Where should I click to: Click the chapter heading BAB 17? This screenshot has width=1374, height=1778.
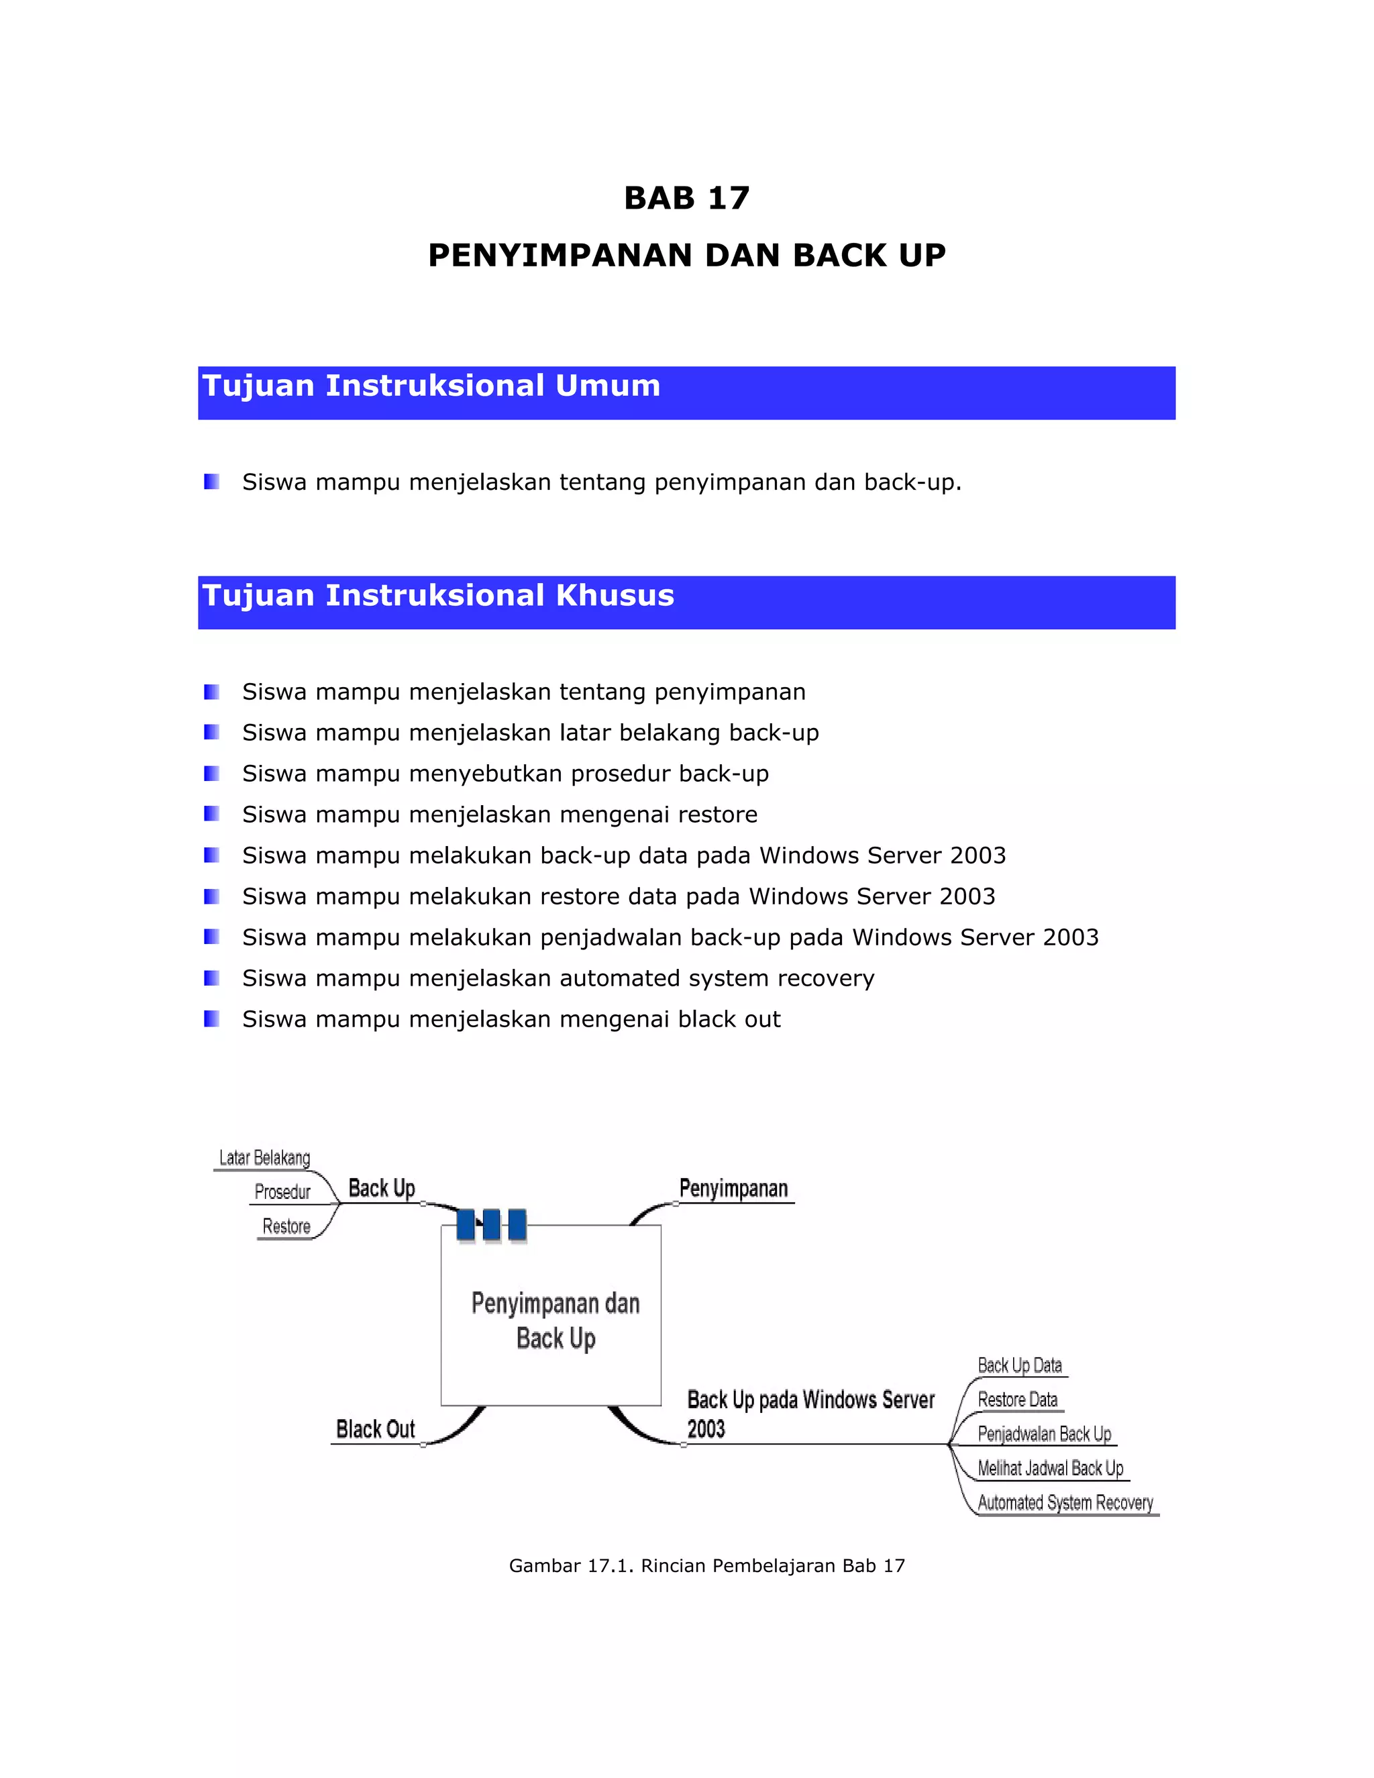pyautogui.click(x=686, y=198)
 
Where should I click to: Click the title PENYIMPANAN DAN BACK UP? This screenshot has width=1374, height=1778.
pyautogui.click(x=686, y=256)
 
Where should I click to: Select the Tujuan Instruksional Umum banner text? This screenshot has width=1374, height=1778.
pyautogui.click(x=431, y=386)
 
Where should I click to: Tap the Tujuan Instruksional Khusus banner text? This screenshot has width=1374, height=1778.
pyautogui.click(x=438, y=595)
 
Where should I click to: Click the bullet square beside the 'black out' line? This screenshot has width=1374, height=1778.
pyautogui.click(x=211, y=1018)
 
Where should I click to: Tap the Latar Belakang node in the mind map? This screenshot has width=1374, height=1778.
pyautogui.click(x=264, y=1157)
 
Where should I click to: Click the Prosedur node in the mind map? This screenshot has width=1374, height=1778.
pyautogui.click(x=282, y=1192)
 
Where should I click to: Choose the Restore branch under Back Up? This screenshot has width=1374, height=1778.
pyautogui.click(x=286, y=1226)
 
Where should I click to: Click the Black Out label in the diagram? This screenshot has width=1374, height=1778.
pyautogui.click(x=375, y=1428)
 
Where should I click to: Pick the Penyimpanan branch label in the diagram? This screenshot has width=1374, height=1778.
pyautogui.click(x=733, y=1189)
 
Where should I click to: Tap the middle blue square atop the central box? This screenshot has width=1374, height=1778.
pyautogui.click(x=492, y=1225)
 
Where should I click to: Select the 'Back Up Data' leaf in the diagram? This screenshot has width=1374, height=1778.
pyautogui.click(x=1019, y=1365)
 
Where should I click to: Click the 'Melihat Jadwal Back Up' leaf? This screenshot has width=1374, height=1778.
pyautogui.click(x=1050, y=1468)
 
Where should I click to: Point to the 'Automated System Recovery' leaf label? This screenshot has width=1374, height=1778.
pyautogui.click(x=1065, y=1502)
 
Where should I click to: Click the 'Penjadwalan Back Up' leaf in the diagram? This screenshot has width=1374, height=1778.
pyautogui.click(x=1043, y=1434)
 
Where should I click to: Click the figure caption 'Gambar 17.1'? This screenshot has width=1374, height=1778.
pyautogui.click(x=706, y=1565)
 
